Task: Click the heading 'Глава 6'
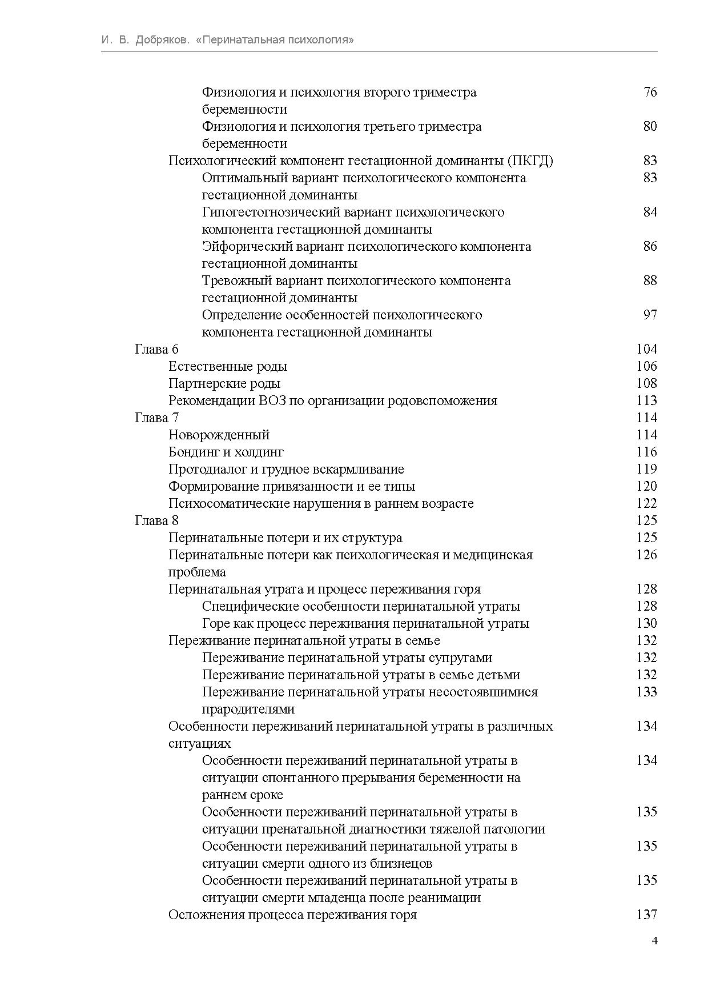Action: tap(156, 349)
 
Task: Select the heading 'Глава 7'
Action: tap(156, 418)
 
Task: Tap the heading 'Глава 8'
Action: tap(156, 520)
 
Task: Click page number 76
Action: tap(650, 92)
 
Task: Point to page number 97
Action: tap(650, 315)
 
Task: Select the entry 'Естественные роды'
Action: tap(228, 366)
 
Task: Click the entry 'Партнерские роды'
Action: tap(224, 383)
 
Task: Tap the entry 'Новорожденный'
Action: tap(219, 435)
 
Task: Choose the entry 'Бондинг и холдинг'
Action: tap(226, 452)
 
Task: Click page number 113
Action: tap(646, 400)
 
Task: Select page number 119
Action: tap(646, 469)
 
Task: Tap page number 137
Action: tap(646, 915)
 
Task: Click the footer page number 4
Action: tap(654, 941)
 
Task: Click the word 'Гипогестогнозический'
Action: tap(272, 212)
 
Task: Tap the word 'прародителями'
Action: tap(248, 709)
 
